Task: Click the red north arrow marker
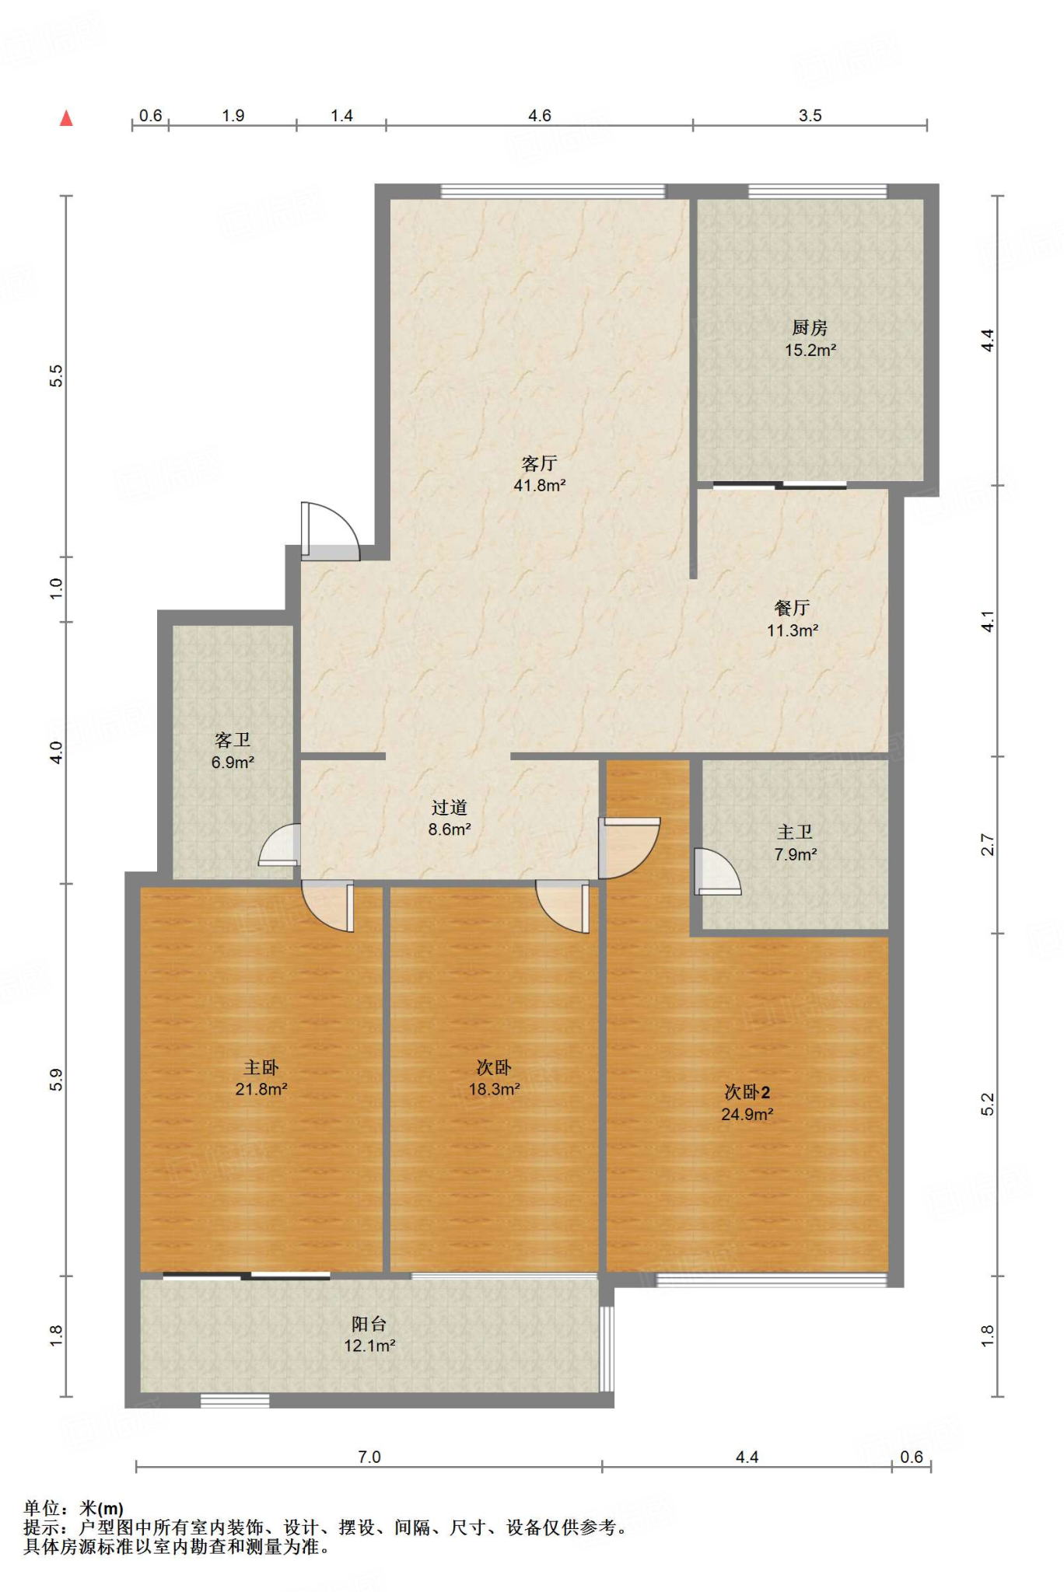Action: [67, 118]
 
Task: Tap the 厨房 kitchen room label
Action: [810, 328]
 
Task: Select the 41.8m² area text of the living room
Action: [539, 486]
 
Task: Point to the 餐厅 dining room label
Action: [792, 608]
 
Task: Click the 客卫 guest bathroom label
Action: [233, 740]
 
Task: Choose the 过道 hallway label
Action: [450, 808]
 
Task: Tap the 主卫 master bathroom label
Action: [795, 833]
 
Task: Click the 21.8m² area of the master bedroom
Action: [261, 1090]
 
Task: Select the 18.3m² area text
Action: [494, 1090]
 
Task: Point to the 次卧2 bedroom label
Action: [747, 1092]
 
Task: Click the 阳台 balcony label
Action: [369, 1324]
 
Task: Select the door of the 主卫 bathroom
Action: [717, 871]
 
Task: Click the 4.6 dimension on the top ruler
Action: [540, 116]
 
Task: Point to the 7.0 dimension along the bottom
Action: [369, 1457]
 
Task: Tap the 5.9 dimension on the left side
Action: [56, 1080]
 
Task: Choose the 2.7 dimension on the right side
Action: [988, 845]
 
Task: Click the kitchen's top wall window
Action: [817, 191]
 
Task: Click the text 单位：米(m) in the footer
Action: [74, 1509]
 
